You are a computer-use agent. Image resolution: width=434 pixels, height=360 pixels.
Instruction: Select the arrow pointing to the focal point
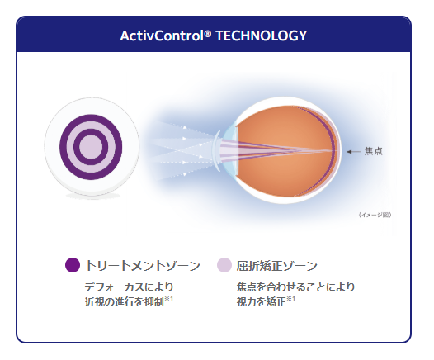point(352,151)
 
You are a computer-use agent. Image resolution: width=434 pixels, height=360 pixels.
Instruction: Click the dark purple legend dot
point(73,265)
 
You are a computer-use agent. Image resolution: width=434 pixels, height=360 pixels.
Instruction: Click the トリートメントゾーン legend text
point(143,265)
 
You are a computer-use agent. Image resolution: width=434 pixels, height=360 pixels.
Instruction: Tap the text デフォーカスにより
point(128,287)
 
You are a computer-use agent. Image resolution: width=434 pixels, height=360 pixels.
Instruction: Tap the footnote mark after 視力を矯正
point(291,299)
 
